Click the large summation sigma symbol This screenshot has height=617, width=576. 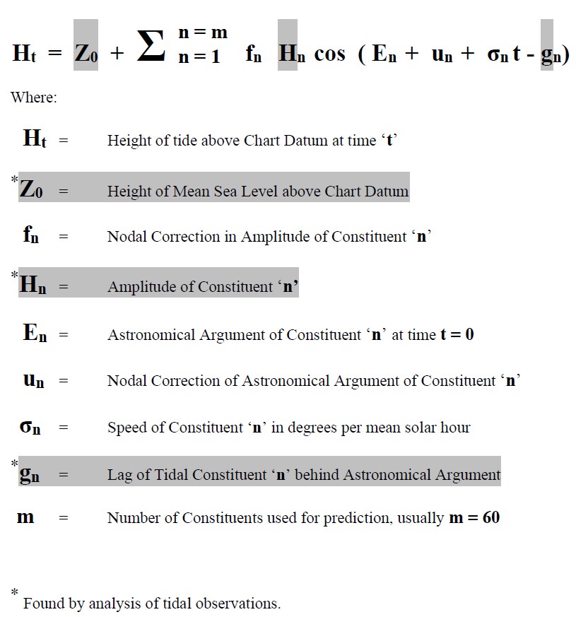coord(151,45)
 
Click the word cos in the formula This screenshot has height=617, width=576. coord(329,54)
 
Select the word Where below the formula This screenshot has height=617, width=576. coord(33,98)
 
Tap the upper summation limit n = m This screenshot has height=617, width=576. coord(202,32)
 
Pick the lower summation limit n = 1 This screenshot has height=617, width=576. coord(199,57)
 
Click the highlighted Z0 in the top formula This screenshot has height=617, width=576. coord(86,54)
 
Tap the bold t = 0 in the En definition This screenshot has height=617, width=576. coord(457,334)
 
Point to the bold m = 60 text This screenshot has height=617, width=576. coord(474,517)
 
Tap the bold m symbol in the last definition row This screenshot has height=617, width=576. coord(25,517)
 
